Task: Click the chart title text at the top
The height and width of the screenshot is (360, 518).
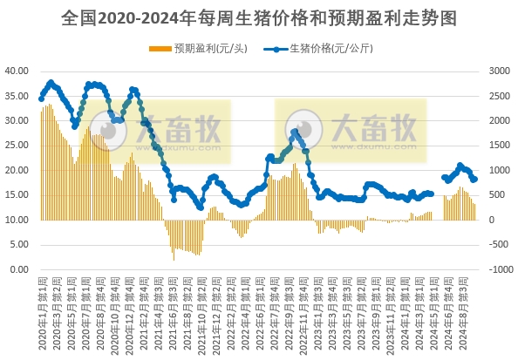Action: (259, 17)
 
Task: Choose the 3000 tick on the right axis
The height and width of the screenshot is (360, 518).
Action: (499, 71)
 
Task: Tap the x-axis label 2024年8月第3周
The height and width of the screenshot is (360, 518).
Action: (472, 309)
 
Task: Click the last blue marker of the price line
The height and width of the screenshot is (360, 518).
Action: (474, 180)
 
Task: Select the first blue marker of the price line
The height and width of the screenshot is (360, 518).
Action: (41, 98)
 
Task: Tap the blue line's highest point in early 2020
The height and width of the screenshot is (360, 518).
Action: (51, 82)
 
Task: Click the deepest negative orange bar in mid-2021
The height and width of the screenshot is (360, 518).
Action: (174, 260)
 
